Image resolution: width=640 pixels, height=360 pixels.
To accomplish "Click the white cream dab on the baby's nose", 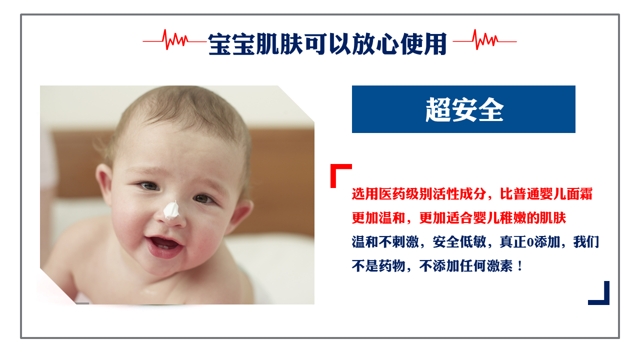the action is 171,210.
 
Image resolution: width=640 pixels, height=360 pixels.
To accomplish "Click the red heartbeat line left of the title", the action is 174,40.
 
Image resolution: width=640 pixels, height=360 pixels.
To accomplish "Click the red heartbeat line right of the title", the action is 485,40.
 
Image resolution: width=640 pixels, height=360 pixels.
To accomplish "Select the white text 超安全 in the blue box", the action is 464,109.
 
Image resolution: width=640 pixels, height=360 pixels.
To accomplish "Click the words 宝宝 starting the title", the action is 232,44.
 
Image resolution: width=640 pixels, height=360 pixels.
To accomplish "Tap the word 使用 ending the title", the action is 423,44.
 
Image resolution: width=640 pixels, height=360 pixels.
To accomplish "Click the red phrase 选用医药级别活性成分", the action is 419,194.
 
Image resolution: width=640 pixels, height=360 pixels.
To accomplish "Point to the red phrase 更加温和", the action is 378,218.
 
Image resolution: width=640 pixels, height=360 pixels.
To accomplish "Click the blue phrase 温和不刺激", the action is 385,242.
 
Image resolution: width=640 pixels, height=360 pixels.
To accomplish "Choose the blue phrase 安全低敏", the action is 459,242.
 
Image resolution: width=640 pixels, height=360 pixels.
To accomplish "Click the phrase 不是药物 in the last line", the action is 378,266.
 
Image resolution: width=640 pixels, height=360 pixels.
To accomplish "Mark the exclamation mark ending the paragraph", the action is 519,266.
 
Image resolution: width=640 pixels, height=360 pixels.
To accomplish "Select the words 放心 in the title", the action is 375,44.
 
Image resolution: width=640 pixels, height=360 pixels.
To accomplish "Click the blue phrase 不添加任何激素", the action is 466,266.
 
